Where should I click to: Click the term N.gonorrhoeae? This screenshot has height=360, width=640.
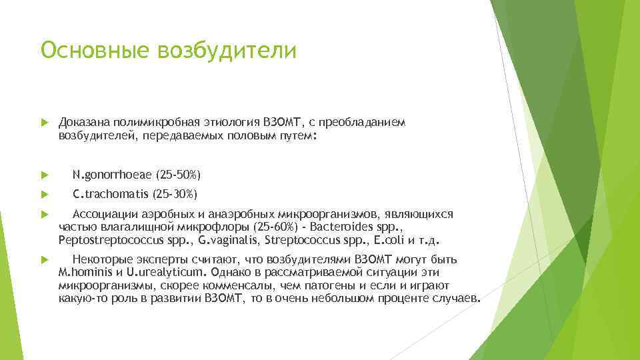(112, 175)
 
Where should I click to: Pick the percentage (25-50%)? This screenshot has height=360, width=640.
(178, 175)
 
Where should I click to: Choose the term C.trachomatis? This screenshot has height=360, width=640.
(111, 195)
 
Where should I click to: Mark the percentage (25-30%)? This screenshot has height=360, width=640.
(175, 195)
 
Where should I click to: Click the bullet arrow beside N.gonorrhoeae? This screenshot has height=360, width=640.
(45, 175)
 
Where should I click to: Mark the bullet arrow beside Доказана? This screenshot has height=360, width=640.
(45, 123)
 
